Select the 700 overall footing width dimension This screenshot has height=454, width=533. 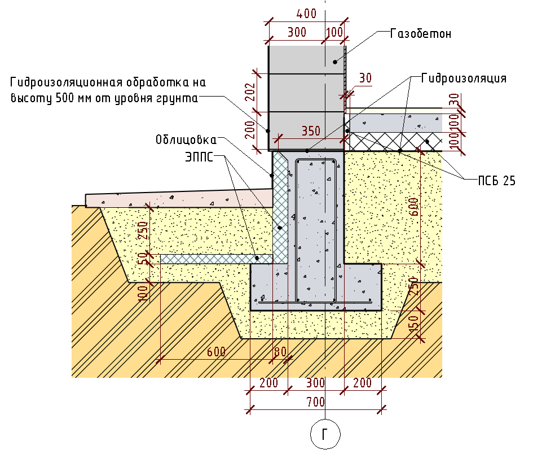point(315,402)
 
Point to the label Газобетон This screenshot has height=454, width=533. point(421,34)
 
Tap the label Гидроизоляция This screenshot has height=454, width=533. point(464,78)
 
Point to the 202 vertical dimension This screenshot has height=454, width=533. point(252,92)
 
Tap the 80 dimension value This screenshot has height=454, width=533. point(279,352)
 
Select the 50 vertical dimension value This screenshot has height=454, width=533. point(143,258)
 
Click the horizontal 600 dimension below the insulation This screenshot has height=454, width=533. point(215,352)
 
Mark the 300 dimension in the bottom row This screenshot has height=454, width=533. point(315,383)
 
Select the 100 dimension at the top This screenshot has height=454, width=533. point(334,32)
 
